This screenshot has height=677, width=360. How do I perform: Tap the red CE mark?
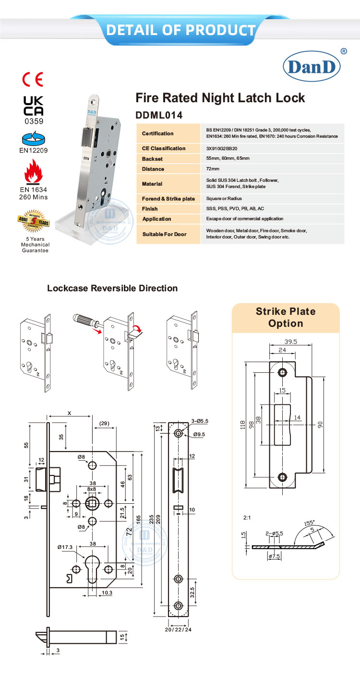point(33,79)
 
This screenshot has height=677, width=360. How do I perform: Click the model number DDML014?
point(159,115)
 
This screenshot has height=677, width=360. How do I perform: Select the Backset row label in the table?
point(153,159)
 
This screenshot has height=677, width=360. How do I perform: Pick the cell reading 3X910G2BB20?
point(222,149)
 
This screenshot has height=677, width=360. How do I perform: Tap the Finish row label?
point(150,209)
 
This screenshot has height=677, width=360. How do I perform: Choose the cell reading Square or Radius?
point(224,198)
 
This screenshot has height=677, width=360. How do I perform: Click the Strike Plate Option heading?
point(286,317)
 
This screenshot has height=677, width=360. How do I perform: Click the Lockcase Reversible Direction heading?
point(112,288)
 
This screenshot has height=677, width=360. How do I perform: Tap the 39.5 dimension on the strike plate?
point(289,342)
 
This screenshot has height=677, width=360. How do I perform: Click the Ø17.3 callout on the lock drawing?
point(64,547)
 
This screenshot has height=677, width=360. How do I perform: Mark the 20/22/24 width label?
point(179,629)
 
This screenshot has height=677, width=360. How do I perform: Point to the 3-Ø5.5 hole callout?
point(199,420)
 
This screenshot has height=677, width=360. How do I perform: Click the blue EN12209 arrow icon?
point(34,140)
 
